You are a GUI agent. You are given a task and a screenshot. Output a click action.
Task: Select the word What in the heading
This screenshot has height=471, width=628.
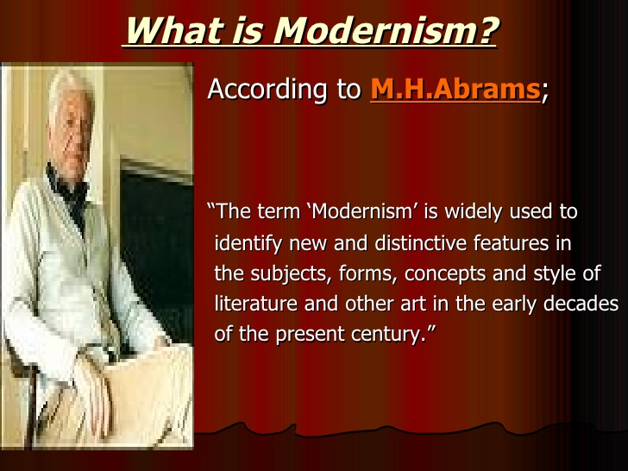click(x=175, y=30)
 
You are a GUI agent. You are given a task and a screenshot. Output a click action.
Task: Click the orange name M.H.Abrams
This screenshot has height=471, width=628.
click(x=455, y=89)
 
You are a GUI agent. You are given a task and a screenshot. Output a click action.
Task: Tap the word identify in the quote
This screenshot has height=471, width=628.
click(x=248, y=243)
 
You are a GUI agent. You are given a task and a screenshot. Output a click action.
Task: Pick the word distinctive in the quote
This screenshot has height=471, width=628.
click(x=421, y=242)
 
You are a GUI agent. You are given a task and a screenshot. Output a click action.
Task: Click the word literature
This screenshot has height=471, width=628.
click(x=256, y=304)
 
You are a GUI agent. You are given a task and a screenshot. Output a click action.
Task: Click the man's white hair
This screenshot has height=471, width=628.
click(x=69, y=86)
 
